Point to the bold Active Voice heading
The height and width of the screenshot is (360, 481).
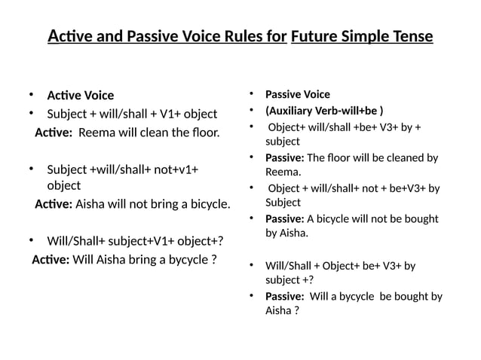pos(80,96)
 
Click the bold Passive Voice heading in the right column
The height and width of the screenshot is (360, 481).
pos(297,94)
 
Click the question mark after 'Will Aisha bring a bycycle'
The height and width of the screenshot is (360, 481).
pos(214,261)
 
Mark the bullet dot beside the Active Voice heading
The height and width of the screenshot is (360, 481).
pos(32,95)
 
